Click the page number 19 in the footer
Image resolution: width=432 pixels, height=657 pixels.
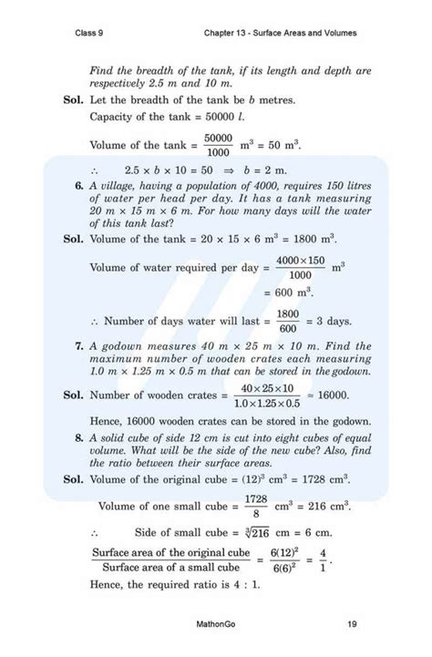coord(352,623)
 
